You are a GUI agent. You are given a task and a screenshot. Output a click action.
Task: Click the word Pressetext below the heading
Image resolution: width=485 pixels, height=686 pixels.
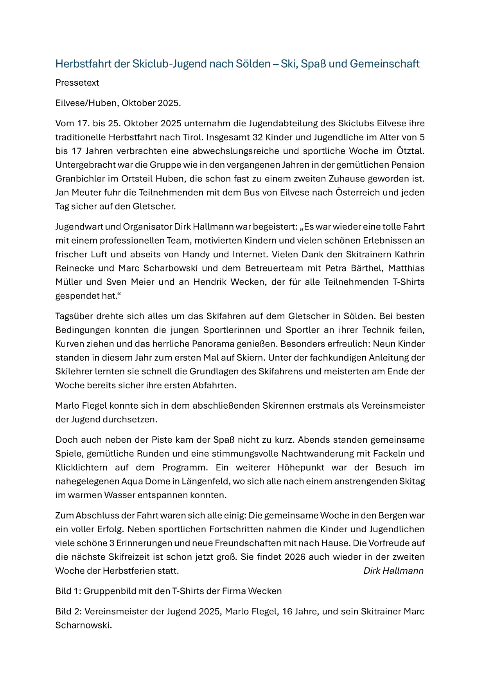tap(77, 83)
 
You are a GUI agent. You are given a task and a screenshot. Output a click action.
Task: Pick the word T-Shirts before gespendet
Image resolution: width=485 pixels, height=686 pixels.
tap(408, 282)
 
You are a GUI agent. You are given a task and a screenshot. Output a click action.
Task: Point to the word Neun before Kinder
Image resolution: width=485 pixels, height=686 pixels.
tap(384, 344)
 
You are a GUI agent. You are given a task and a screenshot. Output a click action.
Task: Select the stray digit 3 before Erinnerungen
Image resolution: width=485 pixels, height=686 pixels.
tap(112, 543)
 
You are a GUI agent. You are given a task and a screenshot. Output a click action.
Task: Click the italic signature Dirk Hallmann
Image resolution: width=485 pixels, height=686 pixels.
tap(393, 571)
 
